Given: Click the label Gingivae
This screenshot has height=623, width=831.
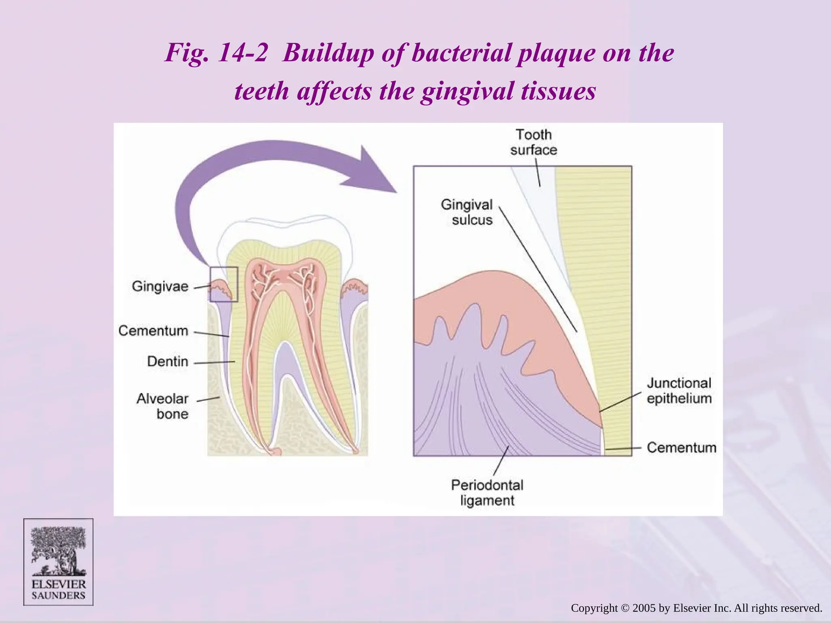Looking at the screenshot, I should [x=160, y=286].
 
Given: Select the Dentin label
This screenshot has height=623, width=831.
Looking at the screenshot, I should [x=167, y=361].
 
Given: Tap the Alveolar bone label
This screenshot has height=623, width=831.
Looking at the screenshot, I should [x=162, y=406].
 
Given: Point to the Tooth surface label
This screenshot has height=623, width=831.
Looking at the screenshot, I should [x=533, y=142].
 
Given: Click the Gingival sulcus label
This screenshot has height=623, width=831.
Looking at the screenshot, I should [x=467, y=212].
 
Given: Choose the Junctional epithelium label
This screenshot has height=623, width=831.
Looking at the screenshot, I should [x=679, y=391].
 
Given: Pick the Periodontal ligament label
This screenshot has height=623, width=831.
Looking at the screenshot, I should [x=487, y=493].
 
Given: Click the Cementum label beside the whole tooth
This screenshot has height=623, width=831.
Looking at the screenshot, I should [x=153, y=331].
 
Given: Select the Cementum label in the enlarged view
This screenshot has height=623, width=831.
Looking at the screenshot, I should [x=681, y=447].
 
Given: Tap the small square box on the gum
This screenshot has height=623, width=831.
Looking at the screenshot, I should [x=224, y=284].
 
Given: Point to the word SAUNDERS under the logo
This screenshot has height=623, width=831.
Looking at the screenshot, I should [x=58, y=595].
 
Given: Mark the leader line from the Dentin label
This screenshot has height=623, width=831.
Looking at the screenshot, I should [x=214, y=362].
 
